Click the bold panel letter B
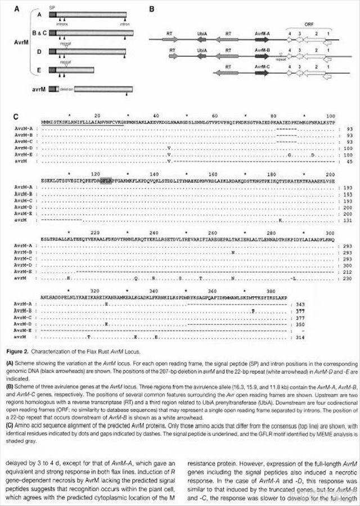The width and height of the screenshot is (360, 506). (150, 8)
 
